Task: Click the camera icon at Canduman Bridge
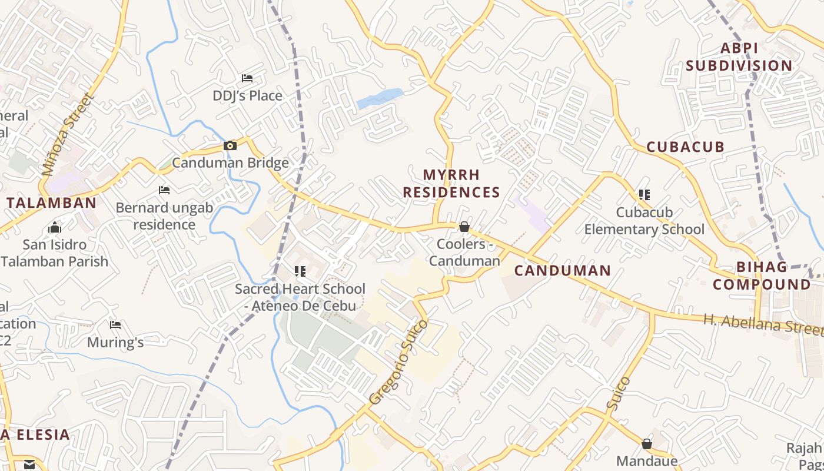coord(230,145)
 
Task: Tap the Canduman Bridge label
coord(230,163)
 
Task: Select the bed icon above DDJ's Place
coord(247,78)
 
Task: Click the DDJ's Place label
coord(247,95)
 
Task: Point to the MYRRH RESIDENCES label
coord(451,184)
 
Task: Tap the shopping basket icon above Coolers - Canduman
coord(464,227)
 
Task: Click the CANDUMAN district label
coord(562,271)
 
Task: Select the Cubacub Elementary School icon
coord(644,194)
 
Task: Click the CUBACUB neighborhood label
coord(685,147)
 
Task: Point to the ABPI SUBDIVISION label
coord(739,57)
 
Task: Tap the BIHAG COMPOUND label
coord(762,276)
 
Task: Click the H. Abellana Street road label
coord(763,324)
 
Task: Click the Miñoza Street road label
coord(68,135)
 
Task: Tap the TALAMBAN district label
coord(51,203)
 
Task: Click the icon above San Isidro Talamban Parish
coord(55,227)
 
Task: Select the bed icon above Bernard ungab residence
coord(164,190)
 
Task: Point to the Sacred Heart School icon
coord(300,271)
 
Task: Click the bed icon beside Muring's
coord(115,324)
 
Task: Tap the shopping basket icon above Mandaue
coord(646,444)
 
